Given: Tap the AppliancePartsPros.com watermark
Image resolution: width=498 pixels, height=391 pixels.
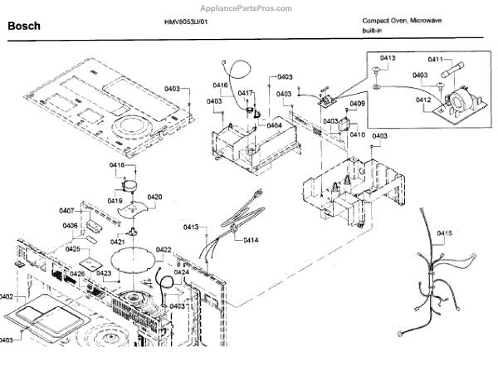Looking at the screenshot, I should click(249, 7).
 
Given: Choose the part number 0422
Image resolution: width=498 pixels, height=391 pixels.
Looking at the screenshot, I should click(163, 250).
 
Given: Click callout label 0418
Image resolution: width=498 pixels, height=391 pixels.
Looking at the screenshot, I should click(117, 166).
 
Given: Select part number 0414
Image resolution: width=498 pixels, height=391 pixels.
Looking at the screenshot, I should click(251, 240).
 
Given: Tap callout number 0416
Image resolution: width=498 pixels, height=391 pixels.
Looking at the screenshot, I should click(220, 86).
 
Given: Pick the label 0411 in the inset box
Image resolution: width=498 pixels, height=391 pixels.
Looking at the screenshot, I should click(436, 60).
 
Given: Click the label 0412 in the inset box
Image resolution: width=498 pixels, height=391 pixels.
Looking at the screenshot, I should click(422, 100).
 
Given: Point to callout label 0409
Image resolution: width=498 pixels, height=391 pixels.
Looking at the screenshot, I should click(357, 104).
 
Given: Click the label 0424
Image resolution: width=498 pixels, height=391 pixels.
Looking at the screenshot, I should click(182, 271).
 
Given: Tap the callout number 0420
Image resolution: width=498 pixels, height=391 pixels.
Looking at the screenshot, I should click(154, 197).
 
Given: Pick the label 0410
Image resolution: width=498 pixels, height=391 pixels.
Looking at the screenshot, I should click(358, 134).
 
